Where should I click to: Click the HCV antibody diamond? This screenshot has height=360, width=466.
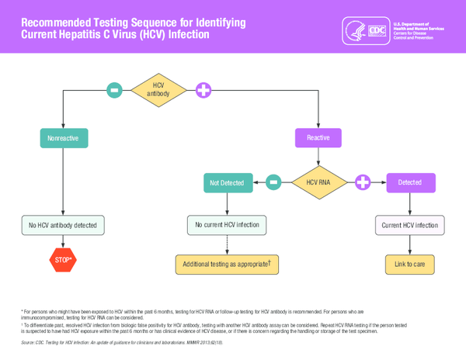point(158,90)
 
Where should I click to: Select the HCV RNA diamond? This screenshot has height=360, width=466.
point(318,182)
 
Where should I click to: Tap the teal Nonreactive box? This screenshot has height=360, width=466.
point(64,138)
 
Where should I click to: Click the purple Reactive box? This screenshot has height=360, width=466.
point(318,138)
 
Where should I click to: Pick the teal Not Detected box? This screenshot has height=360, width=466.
point(227,182)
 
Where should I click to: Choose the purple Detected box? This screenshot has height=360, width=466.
point(409,182)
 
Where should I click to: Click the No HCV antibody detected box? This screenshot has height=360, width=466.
point(63,225)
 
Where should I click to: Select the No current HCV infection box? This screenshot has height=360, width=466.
point(227,225)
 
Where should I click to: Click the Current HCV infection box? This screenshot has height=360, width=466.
point(409,225)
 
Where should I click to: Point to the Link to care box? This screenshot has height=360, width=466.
point(409,264)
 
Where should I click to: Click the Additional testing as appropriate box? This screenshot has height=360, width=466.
point(227,264)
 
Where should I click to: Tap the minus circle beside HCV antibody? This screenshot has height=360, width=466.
point(115,90)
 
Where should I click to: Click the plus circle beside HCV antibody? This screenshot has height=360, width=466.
point(203,90)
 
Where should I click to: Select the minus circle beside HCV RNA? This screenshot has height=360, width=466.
point(273,182)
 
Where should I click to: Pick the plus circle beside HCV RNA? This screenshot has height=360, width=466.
point(363,182)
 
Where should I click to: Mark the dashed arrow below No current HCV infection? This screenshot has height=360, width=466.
point(227,244)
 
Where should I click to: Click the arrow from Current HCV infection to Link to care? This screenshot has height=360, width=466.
point(409,244)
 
